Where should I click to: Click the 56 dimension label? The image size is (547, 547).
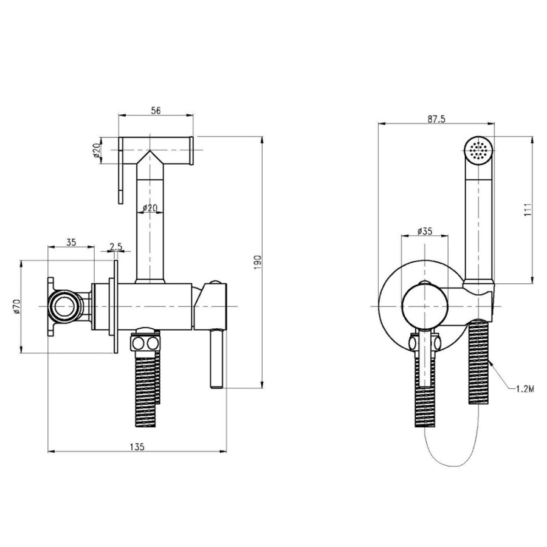(156, 111)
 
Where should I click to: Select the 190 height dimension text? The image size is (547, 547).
(257, 261)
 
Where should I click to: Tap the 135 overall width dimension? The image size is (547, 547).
(137, 447)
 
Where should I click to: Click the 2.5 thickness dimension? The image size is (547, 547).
(116, 247)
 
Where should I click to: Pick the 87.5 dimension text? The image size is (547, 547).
(436, 119)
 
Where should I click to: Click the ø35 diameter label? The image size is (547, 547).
(425, 231)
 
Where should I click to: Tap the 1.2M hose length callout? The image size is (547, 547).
(525, 389)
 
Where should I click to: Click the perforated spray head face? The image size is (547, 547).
(478, 150)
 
